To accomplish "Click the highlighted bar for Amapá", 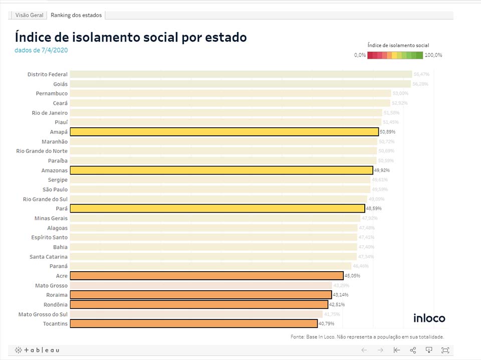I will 224,132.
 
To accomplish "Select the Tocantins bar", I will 193,323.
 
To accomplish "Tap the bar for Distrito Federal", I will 241,74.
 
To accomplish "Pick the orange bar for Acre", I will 206,276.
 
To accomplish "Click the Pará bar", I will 217,209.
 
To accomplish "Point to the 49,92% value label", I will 382,170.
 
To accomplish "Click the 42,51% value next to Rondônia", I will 337,304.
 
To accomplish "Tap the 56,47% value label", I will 421,74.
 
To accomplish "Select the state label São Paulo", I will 55,190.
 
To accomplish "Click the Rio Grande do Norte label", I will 42,151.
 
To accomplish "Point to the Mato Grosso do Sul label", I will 43,314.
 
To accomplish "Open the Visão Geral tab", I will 29,15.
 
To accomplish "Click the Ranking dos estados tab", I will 76,15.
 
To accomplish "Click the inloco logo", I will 429,318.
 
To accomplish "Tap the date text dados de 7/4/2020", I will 41,50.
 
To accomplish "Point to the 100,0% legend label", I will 433,55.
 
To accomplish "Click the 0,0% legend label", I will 360,55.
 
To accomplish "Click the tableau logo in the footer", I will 37,350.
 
